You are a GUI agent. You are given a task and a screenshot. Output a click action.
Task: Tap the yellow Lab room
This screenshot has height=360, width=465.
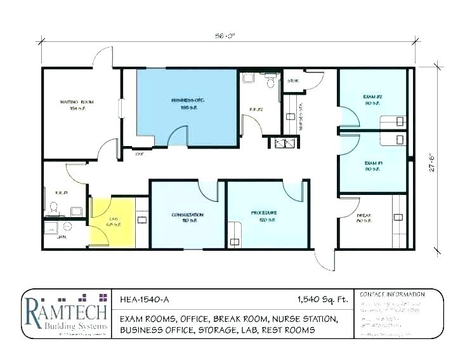pos(112,222)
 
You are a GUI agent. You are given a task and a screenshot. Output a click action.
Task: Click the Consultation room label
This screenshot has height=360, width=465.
pos(187,215)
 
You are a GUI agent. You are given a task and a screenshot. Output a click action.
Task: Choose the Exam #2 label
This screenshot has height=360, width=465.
pos(372,97)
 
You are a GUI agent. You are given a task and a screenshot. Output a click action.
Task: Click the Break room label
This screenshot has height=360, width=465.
pos(363,217)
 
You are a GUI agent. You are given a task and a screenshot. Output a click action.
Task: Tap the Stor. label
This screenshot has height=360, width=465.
pos(293,81)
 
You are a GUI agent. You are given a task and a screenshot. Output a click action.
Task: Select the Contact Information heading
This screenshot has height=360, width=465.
pos(392,295)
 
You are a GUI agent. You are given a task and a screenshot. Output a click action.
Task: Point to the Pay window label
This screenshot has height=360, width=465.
pos(138,154)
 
